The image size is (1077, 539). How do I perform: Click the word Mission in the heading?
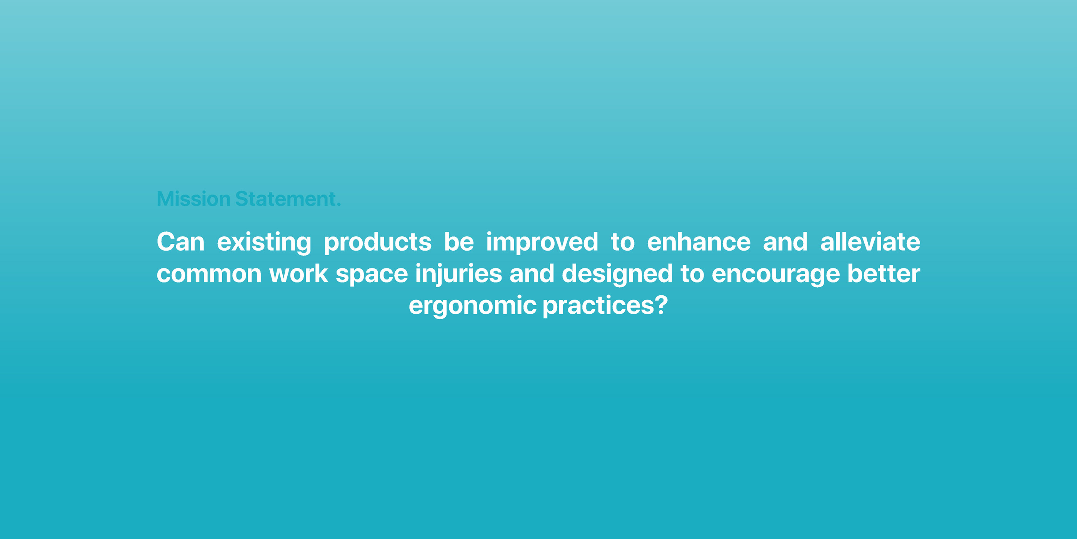193,199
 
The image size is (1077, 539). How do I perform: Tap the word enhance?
699,242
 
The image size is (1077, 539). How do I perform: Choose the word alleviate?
870,242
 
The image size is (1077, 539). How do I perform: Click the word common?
209,275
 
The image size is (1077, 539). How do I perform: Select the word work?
298,274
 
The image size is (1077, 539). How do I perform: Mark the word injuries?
458,275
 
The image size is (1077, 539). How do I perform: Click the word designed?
617,275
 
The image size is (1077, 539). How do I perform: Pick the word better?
884,274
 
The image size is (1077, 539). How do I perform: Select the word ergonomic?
472,307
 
